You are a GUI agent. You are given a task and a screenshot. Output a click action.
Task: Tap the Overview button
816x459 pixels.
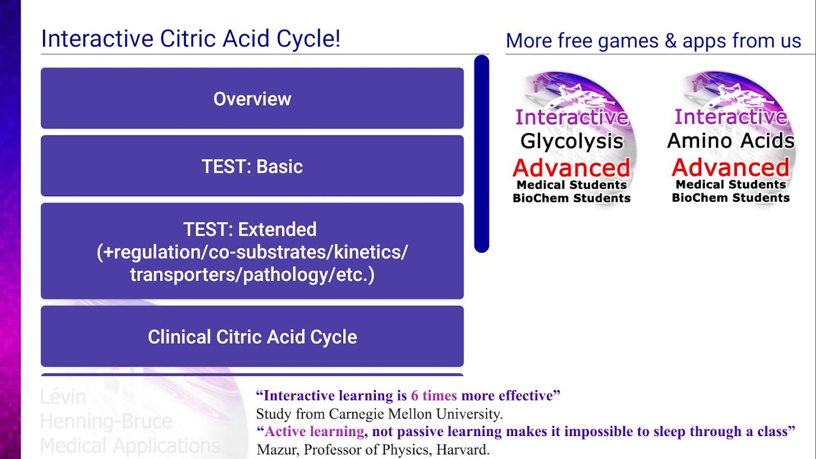(x=252, y=98)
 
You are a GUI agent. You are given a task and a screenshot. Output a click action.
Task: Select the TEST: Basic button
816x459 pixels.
(x=252, y=166)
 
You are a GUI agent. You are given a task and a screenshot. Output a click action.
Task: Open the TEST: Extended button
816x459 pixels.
(x=252, y=251)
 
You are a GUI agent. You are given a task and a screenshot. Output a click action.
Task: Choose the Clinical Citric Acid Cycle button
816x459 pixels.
(x=252, y=336)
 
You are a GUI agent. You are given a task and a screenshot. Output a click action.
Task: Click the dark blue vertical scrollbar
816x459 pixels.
(x=481, y=154)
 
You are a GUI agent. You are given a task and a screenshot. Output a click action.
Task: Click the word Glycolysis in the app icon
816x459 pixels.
(x=572, y=141)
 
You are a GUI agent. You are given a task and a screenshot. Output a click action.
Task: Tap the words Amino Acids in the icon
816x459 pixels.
(x=730, y=140)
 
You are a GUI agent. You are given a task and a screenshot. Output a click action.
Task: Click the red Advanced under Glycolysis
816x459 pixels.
(x=571, y=168)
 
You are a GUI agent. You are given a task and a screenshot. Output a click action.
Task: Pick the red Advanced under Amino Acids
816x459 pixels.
(x=730, y=167)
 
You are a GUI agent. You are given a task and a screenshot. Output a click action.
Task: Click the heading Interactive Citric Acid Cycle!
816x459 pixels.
(x=191, y=38)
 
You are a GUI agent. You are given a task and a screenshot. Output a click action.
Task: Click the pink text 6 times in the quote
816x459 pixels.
(x=433, y=395)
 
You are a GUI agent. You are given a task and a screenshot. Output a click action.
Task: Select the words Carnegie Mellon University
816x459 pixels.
(x=415, y=414)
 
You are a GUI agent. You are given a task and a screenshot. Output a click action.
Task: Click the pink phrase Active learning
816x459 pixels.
(x=314, y=431)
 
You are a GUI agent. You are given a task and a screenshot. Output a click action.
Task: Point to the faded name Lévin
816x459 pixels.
(x=63, y=396)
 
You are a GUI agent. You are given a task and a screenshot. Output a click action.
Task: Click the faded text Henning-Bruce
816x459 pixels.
(x=106, y=421)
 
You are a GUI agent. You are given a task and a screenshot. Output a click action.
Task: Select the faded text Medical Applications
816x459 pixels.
(x=130, y=446)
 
